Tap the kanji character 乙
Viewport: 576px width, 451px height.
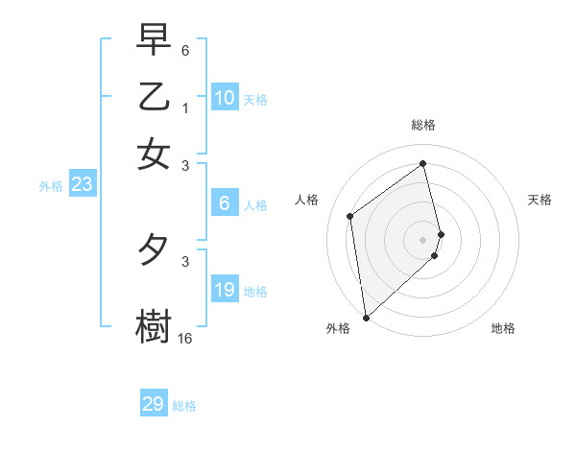coord(154,97)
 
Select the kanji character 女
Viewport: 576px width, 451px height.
coord(154,154)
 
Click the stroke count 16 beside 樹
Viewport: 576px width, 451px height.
coord(185,338)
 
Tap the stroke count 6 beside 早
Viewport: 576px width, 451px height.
coord(185,50)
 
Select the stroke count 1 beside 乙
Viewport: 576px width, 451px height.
coord(185,108)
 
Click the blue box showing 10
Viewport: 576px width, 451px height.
coord(225,97)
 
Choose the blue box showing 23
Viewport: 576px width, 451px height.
coord(82,184)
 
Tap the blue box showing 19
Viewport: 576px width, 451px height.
coord(225,290)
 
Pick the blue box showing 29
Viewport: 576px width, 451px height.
coord(154,404)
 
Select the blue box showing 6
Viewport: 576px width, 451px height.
coord(225,202)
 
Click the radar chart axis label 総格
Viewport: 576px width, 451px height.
coord(423,125)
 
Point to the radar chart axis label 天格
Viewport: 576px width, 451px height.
coord(540,200)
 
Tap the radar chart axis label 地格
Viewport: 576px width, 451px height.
coord(503,328)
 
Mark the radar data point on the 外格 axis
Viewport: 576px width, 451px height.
coord(366,317)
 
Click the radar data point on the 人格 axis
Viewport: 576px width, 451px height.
coord(350,216)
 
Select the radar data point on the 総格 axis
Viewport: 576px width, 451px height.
coord(423,163)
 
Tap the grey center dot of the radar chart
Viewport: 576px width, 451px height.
coord(423,239)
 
